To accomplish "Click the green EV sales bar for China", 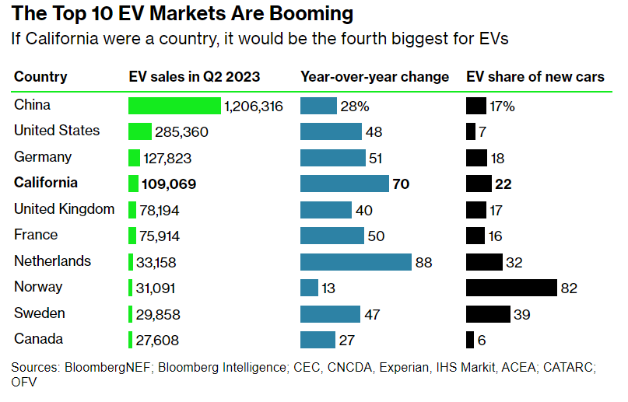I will [174, 106].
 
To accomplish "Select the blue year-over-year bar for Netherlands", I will [356, 262].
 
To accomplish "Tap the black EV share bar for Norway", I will [511, 288].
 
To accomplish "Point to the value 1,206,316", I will [253, 106].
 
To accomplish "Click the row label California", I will [46, 183].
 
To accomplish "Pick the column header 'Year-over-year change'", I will [374, 77].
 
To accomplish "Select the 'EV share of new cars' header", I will [535, 77].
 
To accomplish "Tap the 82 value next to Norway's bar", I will [569, 288].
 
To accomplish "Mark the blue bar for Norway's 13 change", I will [309, 288].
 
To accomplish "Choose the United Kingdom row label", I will [64, 209].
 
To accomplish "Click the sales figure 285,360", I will [181, 132].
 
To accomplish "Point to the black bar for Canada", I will [470, 340].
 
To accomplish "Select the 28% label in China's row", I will [354, 106].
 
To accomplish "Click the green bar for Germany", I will [134, 158].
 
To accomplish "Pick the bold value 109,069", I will [169, 184].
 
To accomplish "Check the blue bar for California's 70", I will [344, 184].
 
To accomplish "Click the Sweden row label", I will [39, 313].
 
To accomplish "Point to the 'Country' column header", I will [40, 77].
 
